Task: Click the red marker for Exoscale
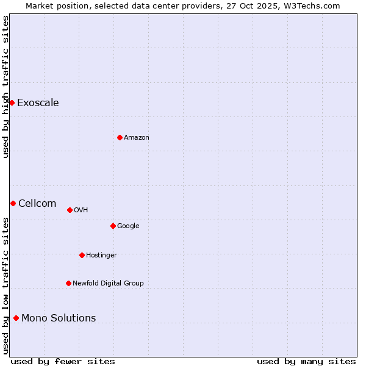click(12, 102)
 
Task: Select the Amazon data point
click(120, 137)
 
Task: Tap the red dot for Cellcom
click(13, 203)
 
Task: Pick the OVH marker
click(70, 210)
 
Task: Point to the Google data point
click(113, 226)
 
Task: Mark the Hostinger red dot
click(82, 255)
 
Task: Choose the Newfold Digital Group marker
click(68, 283)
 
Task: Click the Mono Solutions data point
click(16, 318)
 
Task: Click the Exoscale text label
click(38, 102)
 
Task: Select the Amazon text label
click(137, 137)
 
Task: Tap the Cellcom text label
click(37, 203)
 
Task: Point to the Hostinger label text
click(101, 255)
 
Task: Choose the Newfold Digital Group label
click(108, 283)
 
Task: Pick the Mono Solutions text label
click(59, 318)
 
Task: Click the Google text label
click(128, 226)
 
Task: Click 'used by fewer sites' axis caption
click(63, 361)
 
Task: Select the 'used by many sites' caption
click(306, 361)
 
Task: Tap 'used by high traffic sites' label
click(5, 87)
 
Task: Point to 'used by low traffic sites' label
click(5, 285)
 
